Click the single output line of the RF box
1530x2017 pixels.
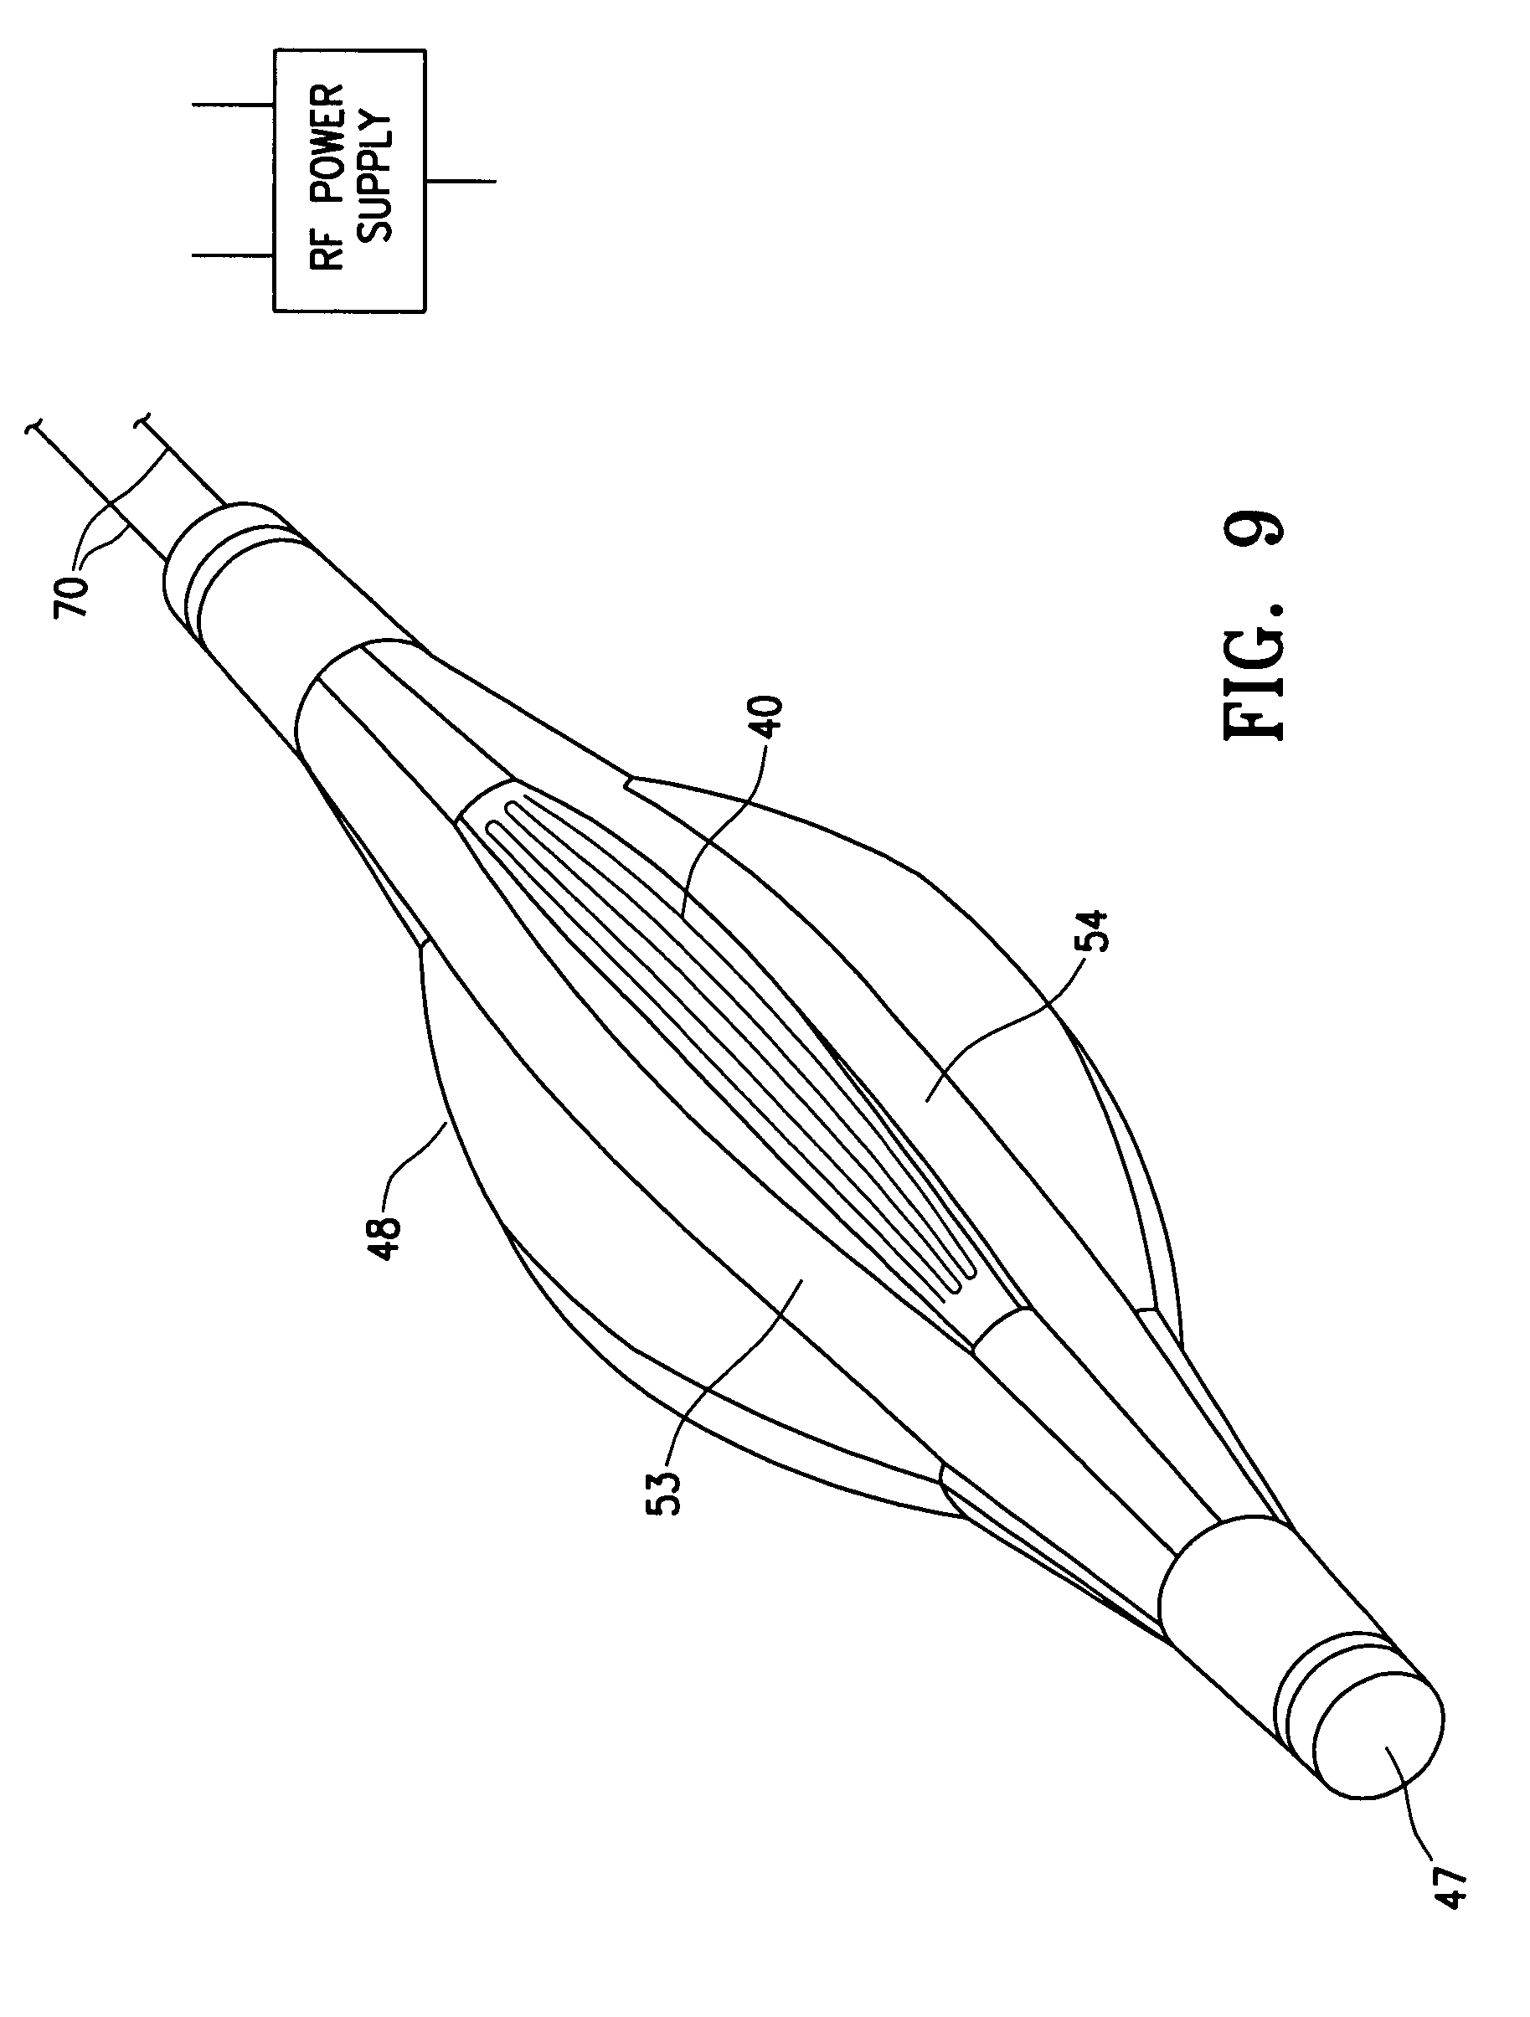click(x=461, y=182)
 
